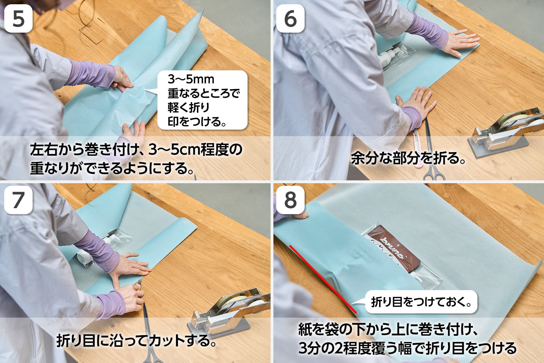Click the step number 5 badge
18,18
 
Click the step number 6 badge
290,18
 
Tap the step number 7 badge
18,200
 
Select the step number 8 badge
290,200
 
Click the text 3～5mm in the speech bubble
191,79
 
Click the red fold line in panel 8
323,279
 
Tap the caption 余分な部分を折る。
408,159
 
